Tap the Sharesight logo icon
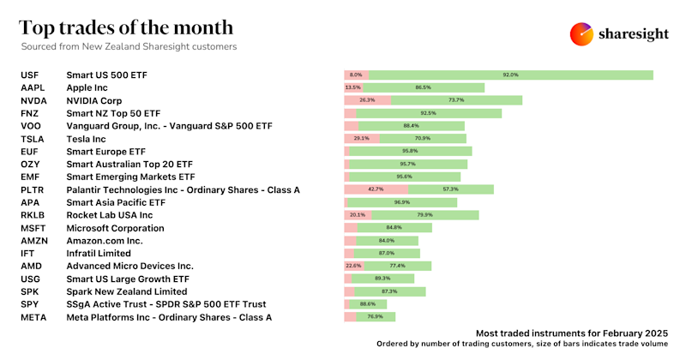coord(581,34)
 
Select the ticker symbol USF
coord(29,75)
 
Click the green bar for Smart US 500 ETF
coord(511,75)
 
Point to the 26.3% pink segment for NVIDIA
coord(367,100)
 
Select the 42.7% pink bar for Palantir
coord(376,189)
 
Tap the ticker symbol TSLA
coord(32,138)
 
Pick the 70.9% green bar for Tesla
coord(422,138)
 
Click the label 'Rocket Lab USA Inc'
coord(109,215)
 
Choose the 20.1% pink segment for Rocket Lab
coord(358,215)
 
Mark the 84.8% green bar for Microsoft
coord(394,228)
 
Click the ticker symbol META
coord(33,317)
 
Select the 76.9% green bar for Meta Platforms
coord(376,317)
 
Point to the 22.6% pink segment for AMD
coord(352,266)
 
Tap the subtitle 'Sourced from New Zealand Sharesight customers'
coord(129,45)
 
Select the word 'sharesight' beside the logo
coord(635,34)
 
